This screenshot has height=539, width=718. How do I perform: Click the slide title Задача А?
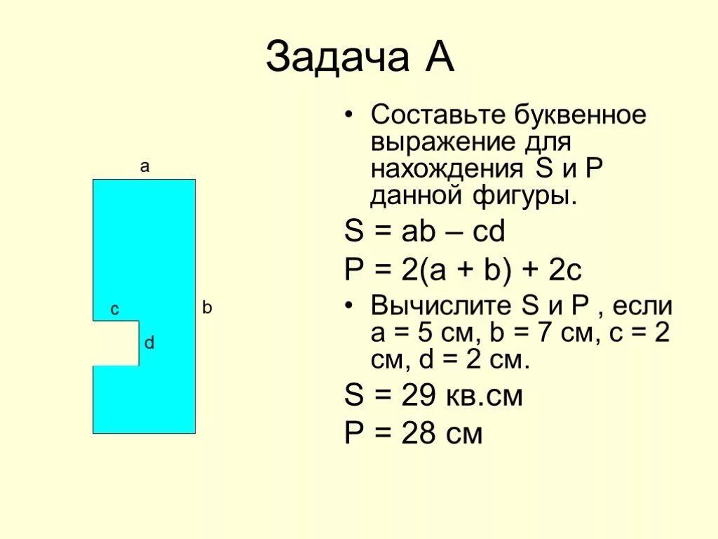[360, 58]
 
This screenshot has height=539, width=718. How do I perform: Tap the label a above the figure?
[144, 167]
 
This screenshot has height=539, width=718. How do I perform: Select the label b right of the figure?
[207, 307]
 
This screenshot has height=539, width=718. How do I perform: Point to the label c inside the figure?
[114, 310]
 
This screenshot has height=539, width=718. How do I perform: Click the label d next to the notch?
[149, 343]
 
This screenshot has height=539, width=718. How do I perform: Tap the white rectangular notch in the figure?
[116, 343]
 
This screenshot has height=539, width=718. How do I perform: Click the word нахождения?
[446, 169]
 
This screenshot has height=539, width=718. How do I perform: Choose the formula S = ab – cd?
[425, 232]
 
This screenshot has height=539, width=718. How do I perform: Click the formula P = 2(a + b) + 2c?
[464, 269]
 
